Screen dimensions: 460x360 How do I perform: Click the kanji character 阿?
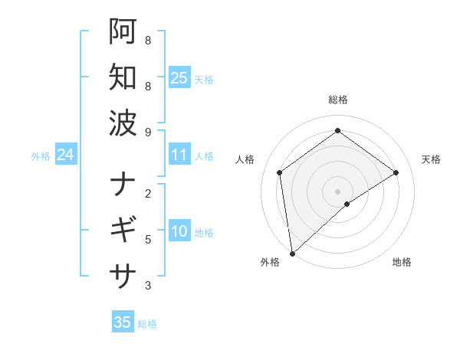pyautogui.click(x=123, y=33)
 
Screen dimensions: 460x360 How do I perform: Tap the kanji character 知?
pyautogui.click(x=123, y=77)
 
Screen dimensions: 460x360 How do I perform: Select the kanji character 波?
pyautogui.click(x=123, y=122)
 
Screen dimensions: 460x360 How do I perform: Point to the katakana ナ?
pyautogui.click(x=123, y=185)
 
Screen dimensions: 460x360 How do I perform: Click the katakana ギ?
pyautogui.click(x=123, y=229)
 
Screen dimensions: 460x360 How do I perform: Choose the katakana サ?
pyautogui.click(x=123, y=273)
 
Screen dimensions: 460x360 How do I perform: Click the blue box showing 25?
pyautogui.click(x=179, y=77)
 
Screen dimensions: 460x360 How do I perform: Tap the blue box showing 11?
pyautogui.click(x=179, y=155)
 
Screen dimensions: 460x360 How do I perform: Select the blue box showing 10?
pyautogui.click(x=179, y=232)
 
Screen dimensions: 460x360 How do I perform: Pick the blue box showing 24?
pyautogui.click(x=65, y=155)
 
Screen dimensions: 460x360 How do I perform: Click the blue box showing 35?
pyautogui.click(x=122, y=322)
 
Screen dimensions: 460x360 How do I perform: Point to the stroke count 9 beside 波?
pyautogui.click(x=148, y=133)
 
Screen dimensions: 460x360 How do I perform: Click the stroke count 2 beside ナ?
pyautogui.click(x=148, y=194)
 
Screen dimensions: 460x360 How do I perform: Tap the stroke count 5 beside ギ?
pyautogui.click(x=148, y=240)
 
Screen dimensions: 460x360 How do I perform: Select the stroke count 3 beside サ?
pyautogui.click(x=148, y=286)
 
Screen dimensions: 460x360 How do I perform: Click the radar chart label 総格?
pyautogui.click(x=337, y=100)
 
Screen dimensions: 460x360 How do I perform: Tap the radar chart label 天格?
pyautogui.click(x=431, y=159)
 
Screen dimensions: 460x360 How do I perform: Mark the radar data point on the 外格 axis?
pyautogui.click(x=292, y=254)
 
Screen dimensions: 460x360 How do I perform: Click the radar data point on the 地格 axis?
pyautogui.click(x=347, y=204)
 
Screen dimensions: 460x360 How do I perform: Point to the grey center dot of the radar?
pyautogui.click(x=337, y=191)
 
